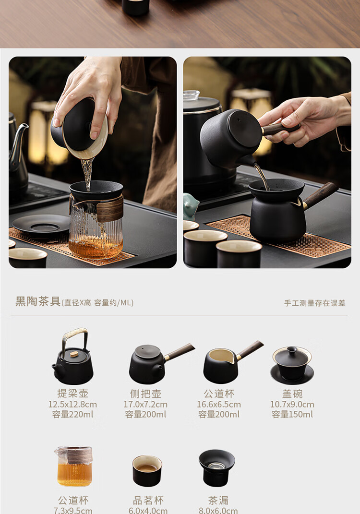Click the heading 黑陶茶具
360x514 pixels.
click(x=38, y=301)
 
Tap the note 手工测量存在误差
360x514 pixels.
click(x=314, y=303)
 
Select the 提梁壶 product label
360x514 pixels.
click(x=73, y=394)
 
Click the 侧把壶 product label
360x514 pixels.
click(x=145, y=394)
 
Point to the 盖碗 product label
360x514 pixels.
click(x=292, y=394)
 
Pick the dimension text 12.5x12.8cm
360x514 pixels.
click(x=73, y=404)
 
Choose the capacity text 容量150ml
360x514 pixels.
click(x=292, y=414)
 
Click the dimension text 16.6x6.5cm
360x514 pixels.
click(x=219, y=404)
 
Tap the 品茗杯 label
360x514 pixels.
click(x=148, y=501)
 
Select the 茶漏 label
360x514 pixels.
click(x=218, y=501)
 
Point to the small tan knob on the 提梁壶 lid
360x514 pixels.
click(x=74, y=354)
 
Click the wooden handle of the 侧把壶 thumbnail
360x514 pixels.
click(x=179, y=352)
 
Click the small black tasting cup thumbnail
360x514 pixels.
click(x=147, y=470)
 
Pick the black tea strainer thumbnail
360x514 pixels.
click(x=217, y=468)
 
